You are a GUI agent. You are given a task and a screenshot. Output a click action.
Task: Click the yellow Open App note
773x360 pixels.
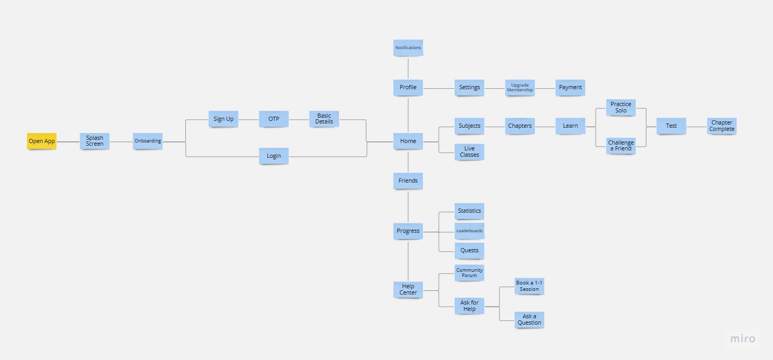[42, 141]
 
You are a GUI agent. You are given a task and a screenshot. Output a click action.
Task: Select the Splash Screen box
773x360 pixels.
[95, 141]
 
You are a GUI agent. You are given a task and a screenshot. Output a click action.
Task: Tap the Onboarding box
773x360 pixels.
[148, 141]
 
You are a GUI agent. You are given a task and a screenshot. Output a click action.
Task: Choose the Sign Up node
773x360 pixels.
[223, 119]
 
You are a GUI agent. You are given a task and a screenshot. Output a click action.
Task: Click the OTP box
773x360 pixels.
[274, 119]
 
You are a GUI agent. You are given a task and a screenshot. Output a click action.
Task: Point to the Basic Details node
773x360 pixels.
[324, 119]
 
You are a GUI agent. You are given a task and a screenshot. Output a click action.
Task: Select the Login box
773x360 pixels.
[274, 156]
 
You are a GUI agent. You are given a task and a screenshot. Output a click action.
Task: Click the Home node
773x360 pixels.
[408, 141]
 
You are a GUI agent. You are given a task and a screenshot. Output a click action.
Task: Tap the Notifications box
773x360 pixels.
[408, 48]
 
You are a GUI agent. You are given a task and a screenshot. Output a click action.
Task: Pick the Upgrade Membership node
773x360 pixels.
[520, 88]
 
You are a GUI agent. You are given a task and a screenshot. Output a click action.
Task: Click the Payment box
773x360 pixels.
[570, 88]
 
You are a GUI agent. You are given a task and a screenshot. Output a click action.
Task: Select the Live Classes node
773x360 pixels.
[469, 151]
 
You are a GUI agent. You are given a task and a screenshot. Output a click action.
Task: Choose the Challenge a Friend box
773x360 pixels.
[621, 146]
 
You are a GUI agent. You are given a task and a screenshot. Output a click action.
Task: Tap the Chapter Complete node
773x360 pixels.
[722, 126]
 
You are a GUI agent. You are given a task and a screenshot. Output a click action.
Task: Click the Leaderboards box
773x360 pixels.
[469, 231]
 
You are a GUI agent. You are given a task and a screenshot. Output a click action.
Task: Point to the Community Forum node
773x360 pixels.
[469, 273]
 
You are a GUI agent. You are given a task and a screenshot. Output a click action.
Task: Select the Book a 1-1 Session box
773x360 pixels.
[529, 286]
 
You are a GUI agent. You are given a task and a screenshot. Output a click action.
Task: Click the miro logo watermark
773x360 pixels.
[743, 338]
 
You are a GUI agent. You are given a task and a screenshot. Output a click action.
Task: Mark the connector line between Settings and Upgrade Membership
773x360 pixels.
[495, 88]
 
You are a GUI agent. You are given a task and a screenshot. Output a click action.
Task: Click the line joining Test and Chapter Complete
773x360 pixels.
[696, 126]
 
